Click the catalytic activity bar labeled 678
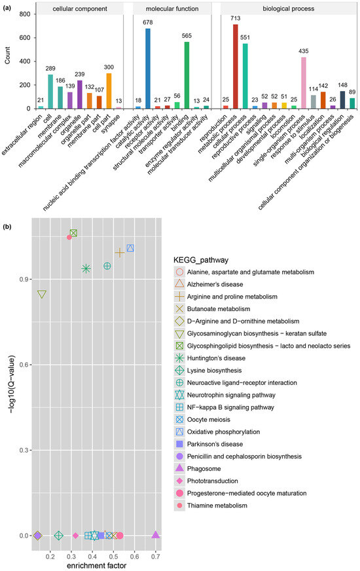click(148, 69)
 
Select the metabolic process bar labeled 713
click(236, 66)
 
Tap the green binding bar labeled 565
click(187, 75)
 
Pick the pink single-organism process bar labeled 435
click(304, 83)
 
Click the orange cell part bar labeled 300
click(109, 90)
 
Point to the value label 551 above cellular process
click(245, 37)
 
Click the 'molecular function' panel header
click(172, 9)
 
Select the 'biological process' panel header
click(288, 9)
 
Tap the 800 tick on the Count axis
click(26, 14)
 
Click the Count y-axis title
click(8, 56)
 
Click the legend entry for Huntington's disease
click(210, 358)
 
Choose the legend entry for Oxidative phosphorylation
click(218, 432)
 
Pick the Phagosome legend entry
click(198, 469)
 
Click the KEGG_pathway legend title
click(201, 260)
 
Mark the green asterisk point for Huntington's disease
click(86, 268)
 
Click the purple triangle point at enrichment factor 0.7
click(155, 535)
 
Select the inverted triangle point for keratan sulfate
click(42, 294)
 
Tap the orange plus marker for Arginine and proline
click(120, 253)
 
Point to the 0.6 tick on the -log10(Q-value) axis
click(24, 365)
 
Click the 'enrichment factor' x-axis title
click(96, 566)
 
